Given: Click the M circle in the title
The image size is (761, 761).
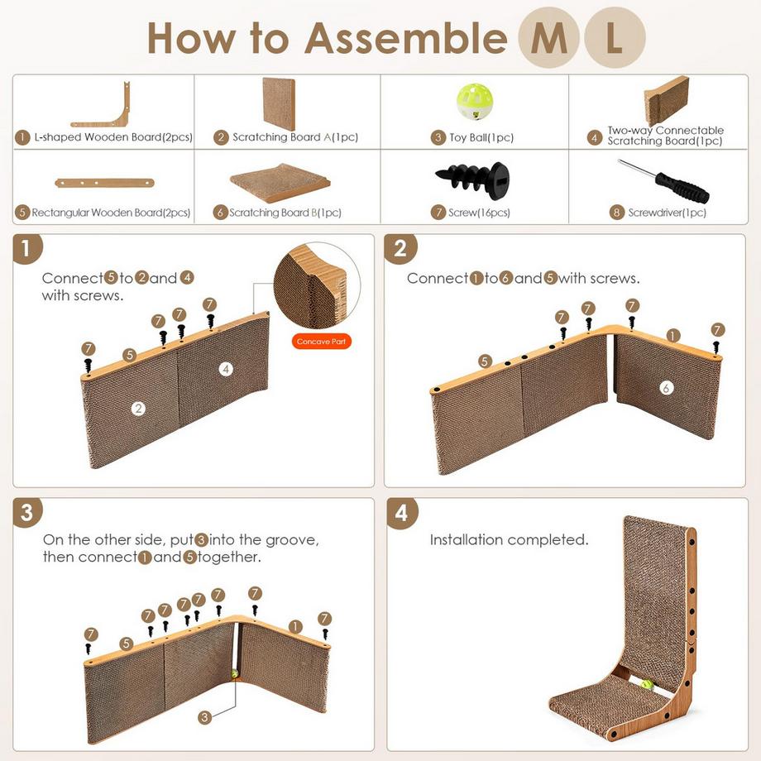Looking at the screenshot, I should [x=549, y=39].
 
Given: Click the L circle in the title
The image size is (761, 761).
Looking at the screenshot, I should [x=615, y=39].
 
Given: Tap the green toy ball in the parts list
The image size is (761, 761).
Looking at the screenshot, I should [x=474, y=103].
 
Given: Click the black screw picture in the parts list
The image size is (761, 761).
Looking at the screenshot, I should [x=473, y=179].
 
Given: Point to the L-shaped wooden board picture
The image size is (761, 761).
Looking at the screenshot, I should [x=102, y=106].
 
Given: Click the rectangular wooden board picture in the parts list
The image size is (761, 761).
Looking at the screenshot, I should [x=104, y=182].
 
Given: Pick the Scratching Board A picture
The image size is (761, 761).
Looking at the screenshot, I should [x=279, y=103].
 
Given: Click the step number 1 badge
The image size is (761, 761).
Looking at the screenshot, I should [x=27, y=248].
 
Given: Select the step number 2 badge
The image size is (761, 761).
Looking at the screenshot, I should [x=400, y=248].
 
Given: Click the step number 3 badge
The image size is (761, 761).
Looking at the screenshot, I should [x=27, y=512].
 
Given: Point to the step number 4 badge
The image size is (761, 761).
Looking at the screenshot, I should [x=401, y=512].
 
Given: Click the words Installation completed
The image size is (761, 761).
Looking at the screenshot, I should [x=509, y=540].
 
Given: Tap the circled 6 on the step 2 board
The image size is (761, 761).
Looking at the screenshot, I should [x=667, y=387].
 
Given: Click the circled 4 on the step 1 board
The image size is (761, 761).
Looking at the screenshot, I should [x=226, y=369].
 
